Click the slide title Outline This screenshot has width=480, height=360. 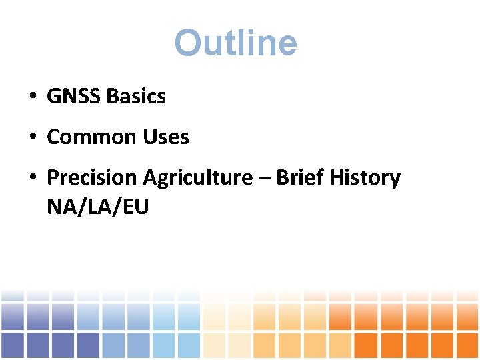[235, 43]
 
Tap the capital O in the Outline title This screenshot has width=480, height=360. [187, 43]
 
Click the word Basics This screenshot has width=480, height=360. [135, 97]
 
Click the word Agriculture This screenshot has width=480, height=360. [197, 179]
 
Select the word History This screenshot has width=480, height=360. [364, 178]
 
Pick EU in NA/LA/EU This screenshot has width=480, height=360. [133, 207]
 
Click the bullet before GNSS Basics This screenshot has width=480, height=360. [32, 97]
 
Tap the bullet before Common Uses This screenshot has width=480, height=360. [32, 138]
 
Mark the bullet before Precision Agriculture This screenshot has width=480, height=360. [32, 179]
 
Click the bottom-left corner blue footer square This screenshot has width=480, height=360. [13, 345]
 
